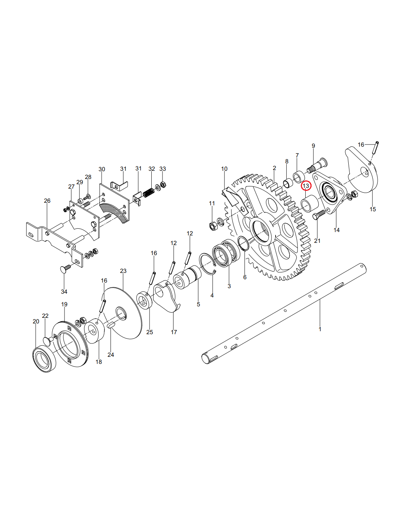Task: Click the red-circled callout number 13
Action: (x=306, y=186)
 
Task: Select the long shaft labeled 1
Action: (x=284, y=313)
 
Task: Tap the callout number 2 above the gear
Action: (x=274, y=168)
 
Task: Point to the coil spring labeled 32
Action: (x=148, y=193)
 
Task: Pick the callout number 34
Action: (x=64, y=291)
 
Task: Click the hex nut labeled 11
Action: (x=213, y=226)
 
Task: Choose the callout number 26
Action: (x=47, y=201)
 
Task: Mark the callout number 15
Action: (x=372, y=209)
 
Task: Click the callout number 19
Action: (x=64, y=304)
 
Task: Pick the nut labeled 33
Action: (x=163, y=184)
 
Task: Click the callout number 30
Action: (x=102, y=169)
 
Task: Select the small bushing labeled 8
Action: (x=288, y=183)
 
